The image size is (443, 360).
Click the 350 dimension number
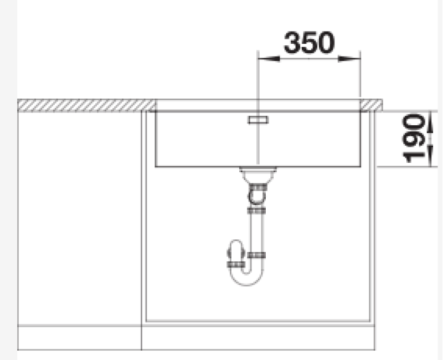[x=310, y=43]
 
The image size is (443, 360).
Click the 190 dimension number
[x=414, y=138]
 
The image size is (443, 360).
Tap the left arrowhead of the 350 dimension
[x=269, y=59]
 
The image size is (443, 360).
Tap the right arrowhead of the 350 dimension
[x=349, y=59]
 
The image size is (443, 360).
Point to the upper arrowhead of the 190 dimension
[x=430, y=122]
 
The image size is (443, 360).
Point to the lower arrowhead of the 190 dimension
[x=430, y=156]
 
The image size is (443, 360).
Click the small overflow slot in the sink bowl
[x=258, y=120]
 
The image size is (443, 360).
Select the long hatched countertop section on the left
[x=86, y=105]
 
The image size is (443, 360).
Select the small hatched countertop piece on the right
[x=371, y=105]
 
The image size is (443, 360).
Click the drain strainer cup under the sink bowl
[x=257, y=175]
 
